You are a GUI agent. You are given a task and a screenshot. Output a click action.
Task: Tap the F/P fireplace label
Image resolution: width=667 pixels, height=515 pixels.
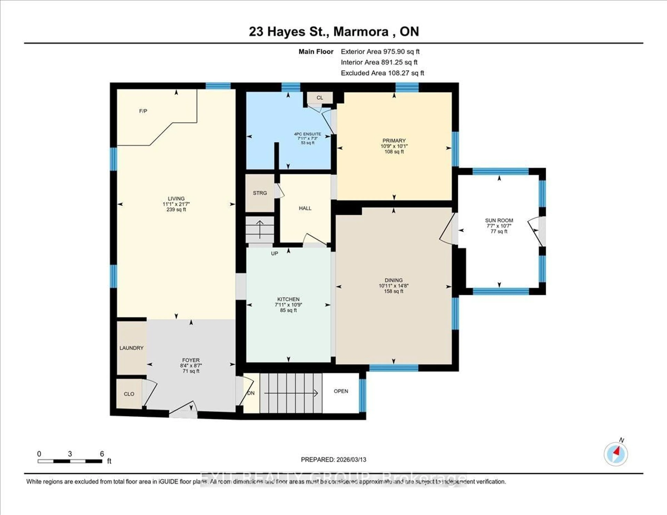pyautogui.click(x=143, y=111)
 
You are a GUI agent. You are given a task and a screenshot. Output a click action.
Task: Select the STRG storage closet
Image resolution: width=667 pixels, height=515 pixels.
pyautogui.click(x=260, y=193)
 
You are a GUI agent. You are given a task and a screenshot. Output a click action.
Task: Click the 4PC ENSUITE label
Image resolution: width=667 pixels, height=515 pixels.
pyautogui.click(x=308, y=134)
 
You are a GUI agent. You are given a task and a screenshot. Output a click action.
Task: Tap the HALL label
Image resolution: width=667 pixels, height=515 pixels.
pyautogui.click(x=305, y=208)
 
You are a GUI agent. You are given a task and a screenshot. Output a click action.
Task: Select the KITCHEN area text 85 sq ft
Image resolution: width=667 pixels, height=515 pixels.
pyautogui.click(x=288, y=310)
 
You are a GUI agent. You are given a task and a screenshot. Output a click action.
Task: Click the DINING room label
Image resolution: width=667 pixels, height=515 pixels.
pyautogui.click(x=394, y=280)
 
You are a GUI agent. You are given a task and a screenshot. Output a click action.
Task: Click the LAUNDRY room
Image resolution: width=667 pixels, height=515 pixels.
pyautogui.click(x=131, y=348)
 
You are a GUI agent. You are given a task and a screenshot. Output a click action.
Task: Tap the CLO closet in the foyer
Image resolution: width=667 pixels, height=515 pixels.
pyautogui.click(x=129, y=394)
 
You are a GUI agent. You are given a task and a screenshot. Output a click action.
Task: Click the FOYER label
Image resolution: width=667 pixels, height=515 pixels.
pyautogui.click(x=191, y=360)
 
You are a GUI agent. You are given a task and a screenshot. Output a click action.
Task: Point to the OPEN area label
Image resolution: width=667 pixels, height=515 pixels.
pyautogui.click(x=341, y=391)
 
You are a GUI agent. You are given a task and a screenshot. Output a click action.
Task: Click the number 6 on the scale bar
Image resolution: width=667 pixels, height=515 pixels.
pyautogui.click(x=102, y=454)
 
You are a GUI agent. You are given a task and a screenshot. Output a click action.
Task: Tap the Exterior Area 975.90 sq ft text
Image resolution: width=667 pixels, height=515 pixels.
pyautogui.click(x=380, y=52)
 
